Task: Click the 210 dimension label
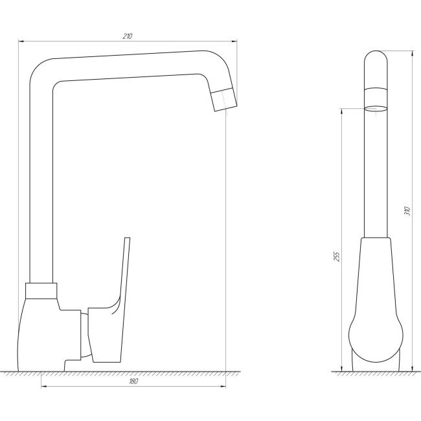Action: [x=128, y=36]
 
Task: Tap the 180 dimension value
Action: [x=133, y=381]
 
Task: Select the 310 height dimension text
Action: [x=407, y=211]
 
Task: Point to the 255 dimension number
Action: [x=336, y=256]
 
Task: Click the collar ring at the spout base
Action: [x=41, y=291]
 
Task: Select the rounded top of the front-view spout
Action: [x=376, y=58]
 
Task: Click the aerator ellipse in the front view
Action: [x=376, y=108]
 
